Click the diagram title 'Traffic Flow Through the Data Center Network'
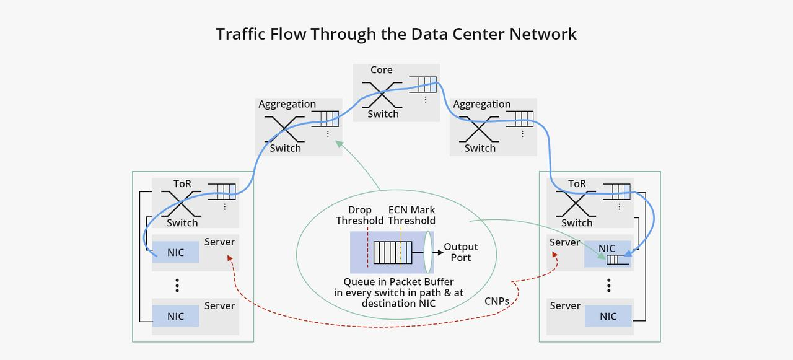396,33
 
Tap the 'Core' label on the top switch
381,70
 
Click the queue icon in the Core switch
422,84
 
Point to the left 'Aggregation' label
287,104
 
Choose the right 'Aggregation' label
481,104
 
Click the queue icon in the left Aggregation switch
325,118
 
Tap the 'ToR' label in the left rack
182,184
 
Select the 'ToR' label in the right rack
576,184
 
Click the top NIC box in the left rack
176,253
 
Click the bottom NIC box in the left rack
176,316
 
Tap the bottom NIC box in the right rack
608,316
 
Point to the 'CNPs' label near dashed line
497,301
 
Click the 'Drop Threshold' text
359,216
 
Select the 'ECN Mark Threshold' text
411,216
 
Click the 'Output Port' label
460,252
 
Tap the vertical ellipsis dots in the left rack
177,285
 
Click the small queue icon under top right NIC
618,260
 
